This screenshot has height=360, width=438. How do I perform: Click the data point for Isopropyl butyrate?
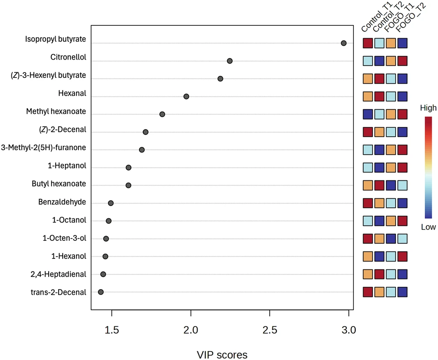click(343, 43)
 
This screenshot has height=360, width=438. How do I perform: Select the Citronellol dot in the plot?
click(230, 61)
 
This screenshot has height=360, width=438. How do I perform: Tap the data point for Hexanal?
click(186, 96)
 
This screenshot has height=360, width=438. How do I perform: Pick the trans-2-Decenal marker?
click(101, 292)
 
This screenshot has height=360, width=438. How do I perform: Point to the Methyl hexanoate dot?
click(162, 114)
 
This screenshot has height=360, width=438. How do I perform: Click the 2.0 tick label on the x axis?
click(191, 330)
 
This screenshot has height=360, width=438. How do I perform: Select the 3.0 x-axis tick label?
click(349, 330)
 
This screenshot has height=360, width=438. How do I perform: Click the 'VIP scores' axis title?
click(222, 355)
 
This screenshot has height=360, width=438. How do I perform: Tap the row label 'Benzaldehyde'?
click(62, 202)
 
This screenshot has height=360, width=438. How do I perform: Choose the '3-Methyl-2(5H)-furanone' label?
click(43, 148)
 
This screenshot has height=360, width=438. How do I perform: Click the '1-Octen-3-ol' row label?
click(64, 238)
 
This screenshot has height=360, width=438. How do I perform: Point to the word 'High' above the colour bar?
click(428, 108)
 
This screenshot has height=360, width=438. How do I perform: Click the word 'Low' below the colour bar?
click(428, 227)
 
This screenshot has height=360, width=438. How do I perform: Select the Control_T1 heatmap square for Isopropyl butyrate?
click(368, 43)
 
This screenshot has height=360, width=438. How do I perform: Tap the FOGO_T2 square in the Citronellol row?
click(402, 61)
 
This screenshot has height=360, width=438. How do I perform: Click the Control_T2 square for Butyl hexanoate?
click(379, 185)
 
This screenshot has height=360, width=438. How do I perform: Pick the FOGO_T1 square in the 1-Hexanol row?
click(391, 256)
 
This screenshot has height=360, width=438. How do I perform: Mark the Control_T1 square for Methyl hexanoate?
click(368, 114)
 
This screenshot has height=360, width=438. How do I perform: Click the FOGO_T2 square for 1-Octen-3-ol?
click(402, 239)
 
